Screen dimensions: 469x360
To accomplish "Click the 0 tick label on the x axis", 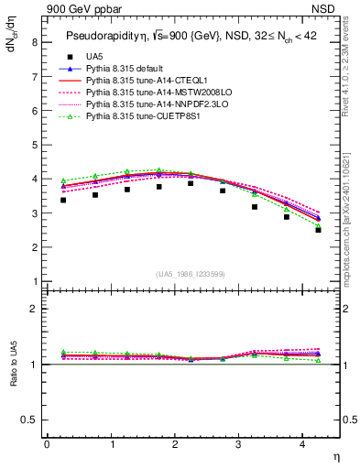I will point(47,445).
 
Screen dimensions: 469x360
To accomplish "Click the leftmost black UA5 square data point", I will point(62,200).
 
